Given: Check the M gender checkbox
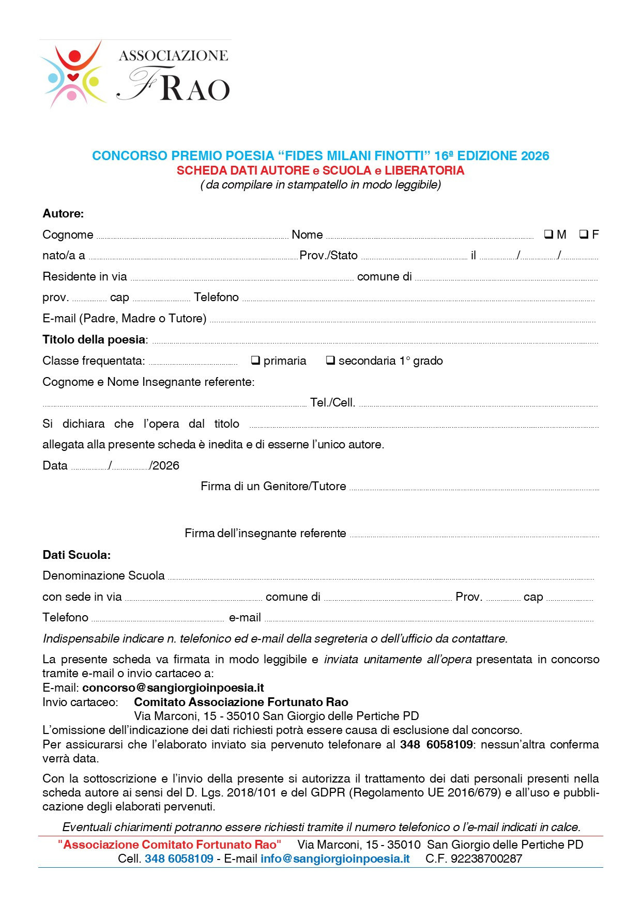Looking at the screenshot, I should tap(548, 234).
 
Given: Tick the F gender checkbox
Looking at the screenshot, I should tap(584, 234).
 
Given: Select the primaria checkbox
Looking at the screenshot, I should tap(255, 360).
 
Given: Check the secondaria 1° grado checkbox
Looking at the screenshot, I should tap(330, 360).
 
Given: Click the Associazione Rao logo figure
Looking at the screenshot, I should tap(73, 74).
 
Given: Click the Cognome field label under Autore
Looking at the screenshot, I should tap(68, 235).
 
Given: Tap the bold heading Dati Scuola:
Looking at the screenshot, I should tap(77, 555).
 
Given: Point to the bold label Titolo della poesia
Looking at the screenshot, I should tap(95, 339).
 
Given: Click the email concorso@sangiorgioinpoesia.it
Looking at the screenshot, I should tap(173, 688).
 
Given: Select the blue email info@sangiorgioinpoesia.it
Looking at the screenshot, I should tap(335, 858).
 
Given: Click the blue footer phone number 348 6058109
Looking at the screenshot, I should tap(179, 858).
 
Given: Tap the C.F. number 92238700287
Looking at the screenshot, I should tap(486, 858).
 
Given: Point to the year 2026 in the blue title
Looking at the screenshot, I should tap(535, 155).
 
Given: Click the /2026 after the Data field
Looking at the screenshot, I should tap(164, 465).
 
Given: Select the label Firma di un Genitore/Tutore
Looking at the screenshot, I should tap(273, 486).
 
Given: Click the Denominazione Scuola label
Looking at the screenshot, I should tap(103, 575).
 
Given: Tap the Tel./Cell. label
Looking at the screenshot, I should tap(332, 402).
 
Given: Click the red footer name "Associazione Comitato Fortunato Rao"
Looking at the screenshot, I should tap(170, 845).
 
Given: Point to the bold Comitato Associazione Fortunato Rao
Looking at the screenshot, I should tap(241, 702).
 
